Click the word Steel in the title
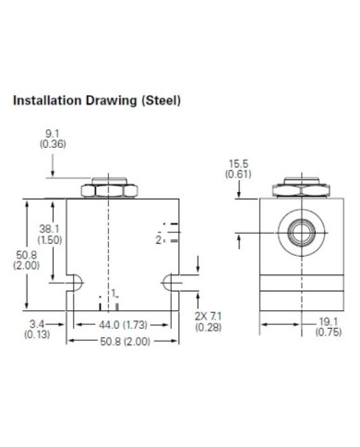[x=162, y=101]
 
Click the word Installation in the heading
[x=47, y=101]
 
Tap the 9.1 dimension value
[x=53, y=134]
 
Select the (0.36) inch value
[x=53, y=144]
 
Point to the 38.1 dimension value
[x=49, y=229]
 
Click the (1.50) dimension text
[x=50, y=240]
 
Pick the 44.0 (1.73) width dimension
[x=123, y=325]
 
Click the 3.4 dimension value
[x=38, y=324]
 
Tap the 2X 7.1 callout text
[x=208, y=316]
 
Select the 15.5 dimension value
[x=238, y=163]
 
